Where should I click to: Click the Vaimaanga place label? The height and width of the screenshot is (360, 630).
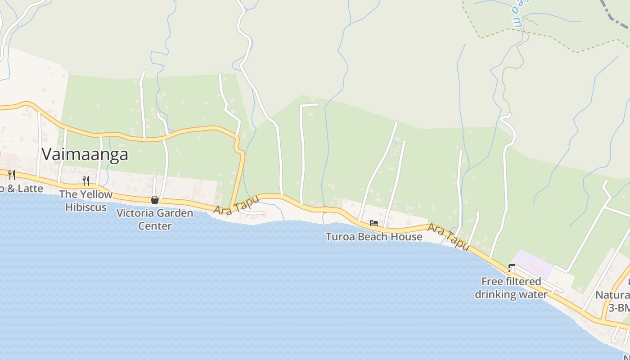[85, 154]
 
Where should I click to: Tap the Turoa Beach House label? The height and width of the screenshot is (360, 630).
[373, 236]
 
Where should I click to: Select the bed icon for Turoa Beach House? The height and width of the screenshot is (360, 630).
[373, 223]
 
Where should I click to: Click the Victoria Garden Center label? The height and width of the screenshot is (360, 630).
[154, 219]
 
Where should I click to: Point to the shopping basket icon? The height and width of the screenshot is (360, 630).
[155, 200]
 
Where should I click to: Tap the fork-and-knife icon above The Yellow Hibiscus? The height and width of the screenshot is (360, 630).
[85, 181]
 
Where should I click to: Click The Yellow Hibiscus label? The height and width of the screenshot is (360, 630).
[86, 201]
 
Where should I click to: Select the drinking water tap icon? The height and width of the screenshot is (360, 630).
[511, 268]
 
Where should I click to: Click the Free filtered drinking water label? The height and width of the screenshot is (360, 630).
[511, 288]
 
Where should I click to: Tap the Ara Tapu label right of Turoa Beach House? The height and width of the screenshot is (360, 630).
[448, 237]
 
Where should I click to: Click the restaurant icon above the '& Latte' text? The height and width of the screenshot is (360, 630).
[12, 175]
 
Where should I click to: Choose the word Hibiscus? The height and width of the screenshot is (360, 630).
[86, 207]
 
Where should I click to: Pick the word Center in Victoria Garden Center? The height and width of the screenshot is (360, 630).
[154, 226]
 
